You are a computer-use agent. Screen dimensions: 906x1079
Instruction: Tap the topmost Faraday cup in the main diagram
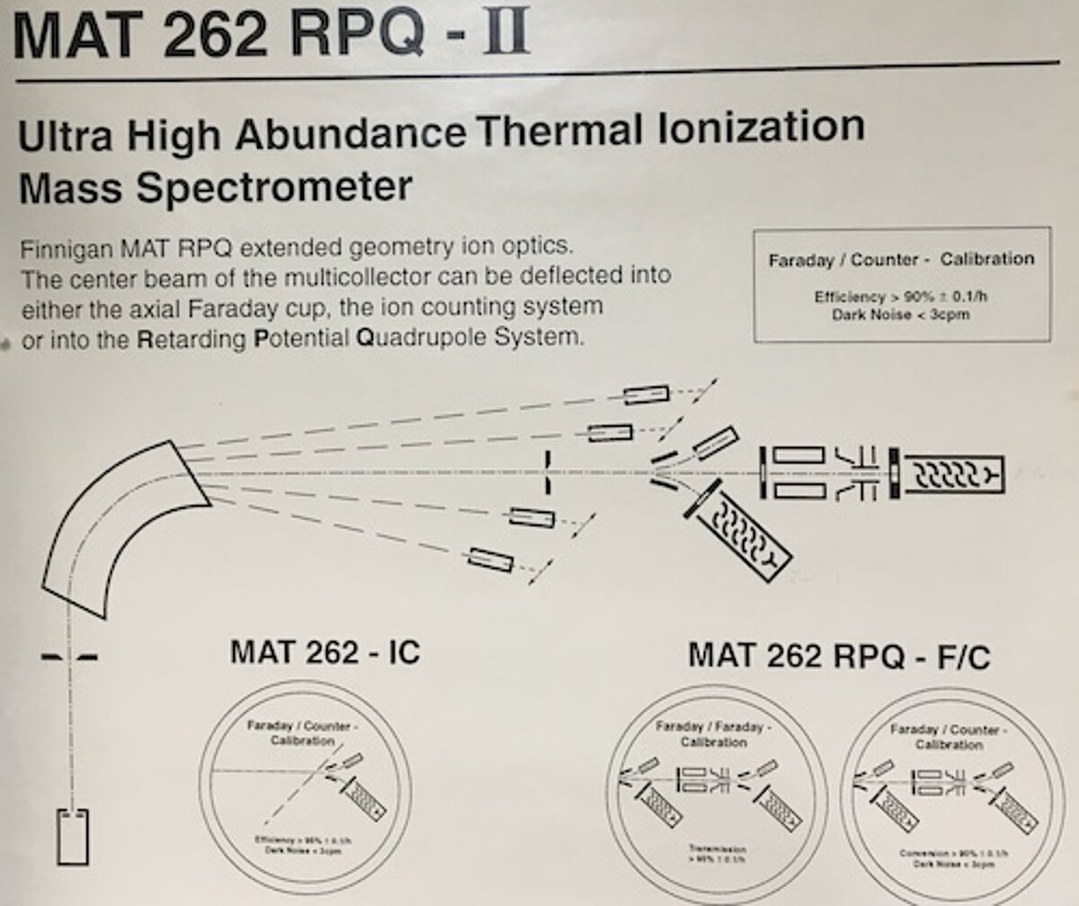pos(647,394)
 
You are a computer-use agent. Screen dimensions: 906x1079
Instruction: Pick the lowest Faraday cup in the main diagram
pos(491,559)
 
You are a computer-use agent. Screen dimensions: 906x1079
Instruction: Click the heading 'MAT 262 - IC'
pos(325,652)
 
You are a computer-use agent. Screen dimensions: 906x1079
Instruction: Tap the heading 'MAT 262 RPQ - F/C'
pos(838,656)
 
